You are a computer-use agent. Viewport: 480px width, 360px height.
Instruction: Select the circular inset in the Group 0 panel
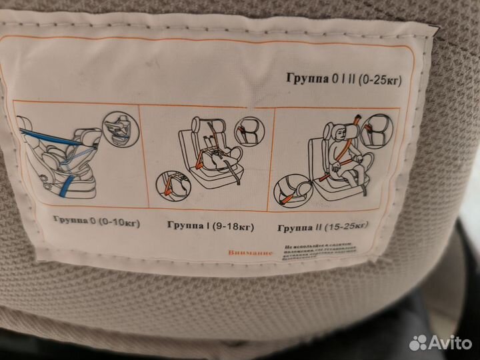(121, 129)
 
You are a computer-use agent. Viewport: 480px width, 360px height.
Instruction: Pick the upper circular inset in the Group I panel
(251, 130)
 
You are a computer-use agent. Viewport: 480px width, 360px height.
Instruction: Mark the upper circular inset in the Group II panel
(377, 130)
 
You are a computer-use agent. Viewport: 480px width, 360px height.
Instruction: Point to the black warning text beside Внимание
(323, 252)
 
